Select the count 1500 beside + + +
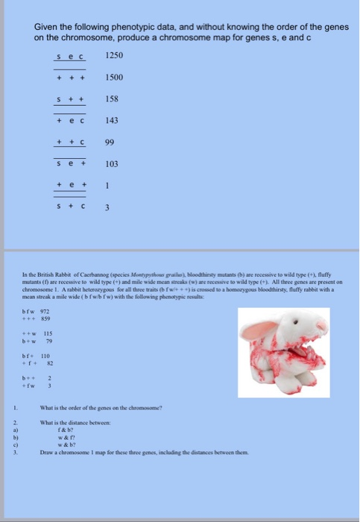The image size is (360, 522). [114, 77]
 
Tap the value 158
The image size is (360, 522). [112, 98]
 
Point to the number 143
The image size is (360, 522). [112, 120]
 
